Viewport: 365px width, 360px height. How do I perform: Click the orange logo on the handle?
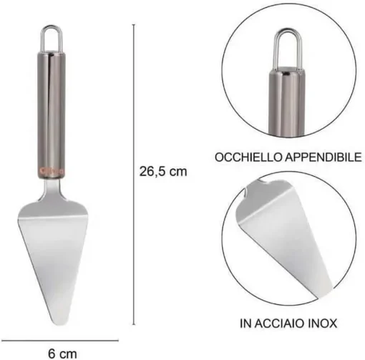[x=51, y=170]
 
